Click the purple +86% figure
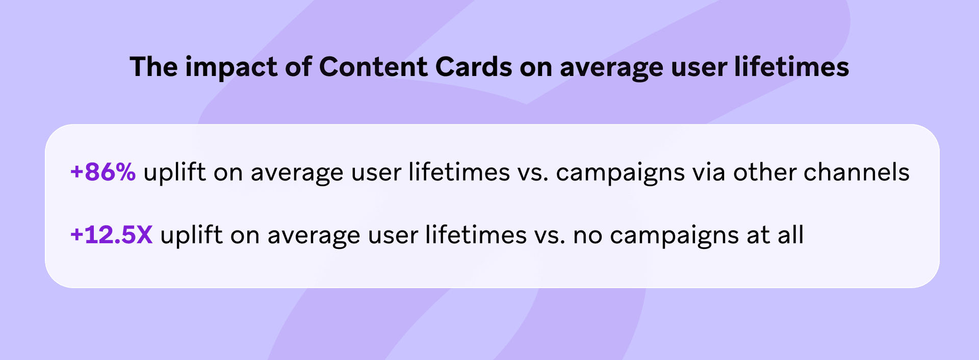pos(103,172)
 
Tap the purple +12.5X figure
pos(112,235)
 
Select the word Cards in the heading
pos(474,67)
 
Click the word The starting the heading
pos(153,67)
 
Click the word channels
pos(857,172)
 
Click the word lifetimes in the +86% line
pos(459,172)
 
